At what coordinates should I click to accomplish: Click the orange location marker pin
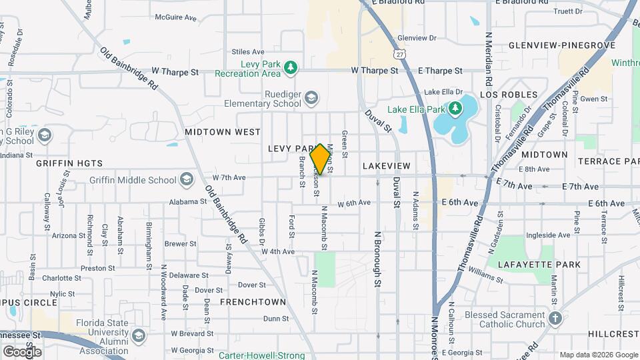pos(320,159)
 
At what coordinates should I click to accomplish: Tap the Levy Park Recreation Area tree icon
pos(290,67)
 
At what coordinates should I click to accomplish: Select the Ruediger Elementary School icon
pos(311,99)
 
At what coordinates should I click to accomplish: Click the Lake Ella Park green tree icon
pos(455,108)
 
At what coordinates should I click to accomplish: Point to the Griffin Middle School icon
pos(187,179)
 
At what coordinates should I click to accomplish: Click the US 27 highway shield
pos(399,53)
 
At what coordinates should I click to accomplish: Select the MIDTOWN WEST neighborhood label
pos(223,132)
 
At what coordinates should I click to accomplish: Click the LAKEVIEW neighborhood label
pos(387,165)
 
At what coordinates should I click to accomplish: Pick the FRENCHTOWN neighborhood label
pos(253,302)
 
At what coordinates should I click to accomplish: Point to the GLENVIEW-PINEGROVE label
pos(561,45)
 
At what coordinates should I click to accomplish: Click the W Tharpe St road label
pos(175,71)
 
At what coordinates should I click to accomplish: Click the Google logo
pos(22,351)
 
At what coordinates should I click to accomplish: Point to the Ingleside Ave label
pos(548,235)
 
